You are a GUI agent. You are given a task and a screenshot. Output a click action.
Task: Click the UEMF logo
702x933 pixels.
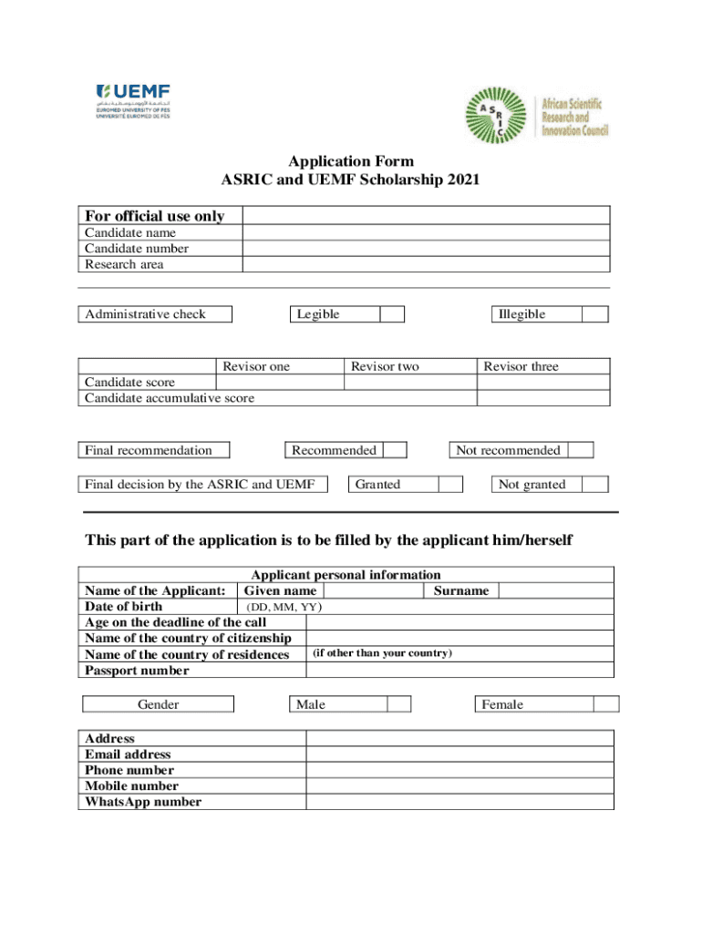coord(133,100)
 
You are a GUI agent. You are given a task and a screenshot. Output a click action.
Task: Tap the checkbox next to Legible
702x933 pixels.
coord(392,314)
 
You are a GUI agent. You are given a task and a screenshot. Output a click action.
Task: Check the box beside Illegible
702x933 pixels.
coord(594,314)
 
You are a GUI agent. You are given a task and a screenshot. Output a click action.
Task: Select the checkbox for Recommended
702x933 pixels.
coord(395,450)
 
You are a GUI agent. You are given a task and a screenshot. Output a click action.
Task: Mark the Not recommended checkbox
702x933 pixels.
coord(581,450)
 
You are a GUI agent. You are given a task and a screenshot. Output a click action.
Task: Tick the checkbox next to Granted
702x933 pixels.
coord(450,485)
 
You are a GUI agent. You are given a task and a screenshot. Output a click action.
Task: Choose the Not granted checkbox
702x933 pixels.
coord(595,485)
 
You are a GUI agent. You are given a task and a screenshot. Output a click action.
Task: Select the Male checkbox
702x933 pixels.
coord(399,704)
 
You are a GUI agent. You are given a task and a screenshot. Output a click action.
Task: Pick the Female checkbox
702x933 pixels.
coord(606,704)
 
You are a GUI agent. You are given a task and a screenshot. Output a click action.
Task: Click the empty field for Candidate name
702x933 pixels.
coord(426,232)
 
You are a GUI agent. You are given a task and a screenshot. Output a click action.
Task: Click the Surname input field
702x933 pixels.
coord(555,590)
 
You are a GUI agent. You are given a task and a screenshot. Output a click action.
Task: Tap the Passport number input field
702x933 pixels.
coord(459,671)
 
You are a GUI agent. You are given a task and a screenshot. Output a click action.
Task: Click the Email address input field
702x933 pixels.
coord(459,754)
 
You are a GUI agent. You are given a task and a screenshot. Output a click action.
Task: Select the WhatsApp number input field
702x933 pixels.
coord(459,802)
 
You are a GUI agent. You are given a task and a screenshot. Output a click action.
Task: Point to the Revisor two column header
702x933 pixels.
coord(386,366)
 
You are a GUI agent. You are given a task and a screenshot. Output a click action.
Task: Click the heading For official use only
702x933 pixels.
coord(155,216)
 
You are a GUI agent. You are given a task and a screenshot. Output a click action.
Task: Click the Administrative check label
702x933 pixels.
coord(146,314)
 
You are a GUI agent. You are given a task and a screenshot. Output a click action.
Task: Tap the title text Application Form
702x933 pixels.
coord(350,162)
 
